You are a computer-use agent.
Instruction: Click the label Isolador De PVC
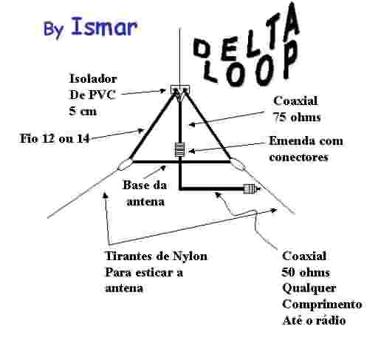click(x=93, y=86)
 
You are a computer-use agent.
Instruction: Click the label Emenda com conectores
click(x=306, y=149)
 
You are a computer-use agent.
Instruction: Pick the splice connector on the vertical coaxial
click(x=179, y=149)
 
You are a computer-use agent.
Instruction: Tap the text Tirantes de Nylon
click(x=157, y=256)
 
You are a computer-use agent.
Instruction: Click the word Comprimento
click(x=322, y=304)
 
